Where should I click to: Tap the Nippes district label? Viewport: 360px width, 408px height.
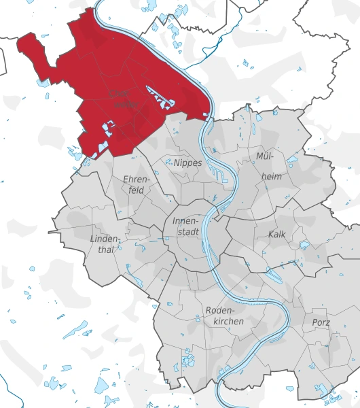point(187,163)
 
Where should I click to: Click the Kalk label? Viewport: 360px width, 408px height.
point(277,234)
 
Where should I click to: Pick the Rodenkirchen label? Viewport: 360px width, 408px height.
point(224,315)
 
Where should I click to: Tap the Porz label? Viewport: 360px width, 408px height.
point(321,322)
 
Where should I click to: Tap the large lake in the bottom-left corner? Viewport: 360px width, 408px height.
point(101,386)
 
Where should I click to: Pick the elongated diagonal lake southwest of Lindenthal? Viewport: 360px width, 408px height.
point(75,330)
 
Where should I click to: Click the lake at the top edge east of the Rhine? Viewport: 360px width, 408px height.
point(181,12)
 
